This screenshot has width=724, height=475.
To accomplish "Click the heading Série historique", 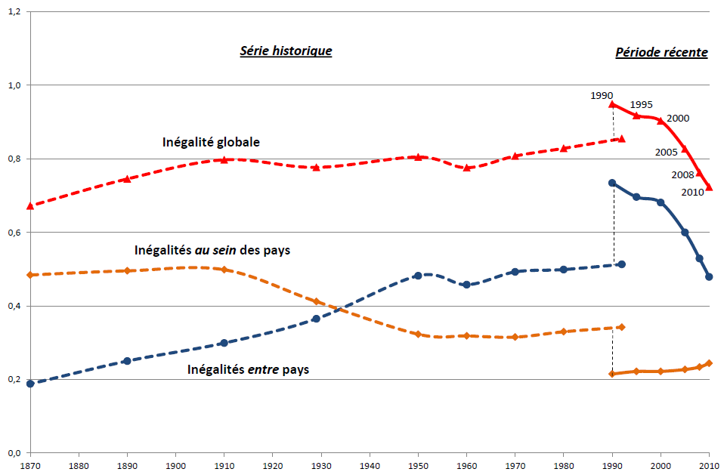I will (286, 51).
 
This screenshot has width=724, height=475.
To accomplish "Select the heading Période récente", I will (661, 53).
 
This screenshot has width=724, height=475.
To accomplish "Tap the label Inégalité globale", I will (211, 141).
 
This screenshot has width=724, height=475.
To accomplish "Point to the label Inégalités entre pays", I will (248, 370).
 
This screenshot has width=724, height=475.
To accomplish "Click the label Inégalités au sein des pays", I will (212, 250).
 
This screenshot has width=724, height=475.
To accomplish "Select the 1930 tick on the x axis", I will (322, 465).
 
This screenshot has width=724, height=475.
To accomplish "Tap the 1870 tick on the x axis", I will (30, 465).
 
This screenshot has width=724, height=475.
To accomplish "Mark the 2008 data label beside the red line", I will (682, 175).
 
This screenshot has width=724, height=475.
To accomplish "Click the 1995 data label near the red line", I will (641, 105).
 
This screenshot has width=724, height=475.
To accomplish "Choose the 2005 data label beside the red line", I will (666, 152).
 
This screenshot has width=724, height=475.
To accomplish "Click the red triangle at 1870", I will (30, 205).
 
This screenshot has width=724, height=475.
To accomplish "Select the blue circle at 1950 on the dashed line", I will (417, 276).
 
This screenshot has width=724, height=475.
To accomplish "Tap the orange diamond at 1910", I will (224, 270).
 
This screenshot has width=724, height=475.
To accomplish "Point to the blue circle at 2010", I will (709, 276).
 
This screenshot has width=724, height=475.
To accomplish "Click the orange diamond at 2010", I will (709, 363).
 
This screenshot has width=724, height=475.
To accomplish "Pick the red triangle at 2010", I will (709, 187).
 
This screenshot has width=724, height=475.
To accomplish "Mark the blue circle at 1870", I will (30, 384).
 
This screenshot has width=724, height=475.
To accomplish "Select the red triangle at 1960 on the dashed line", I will (466, 168).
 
